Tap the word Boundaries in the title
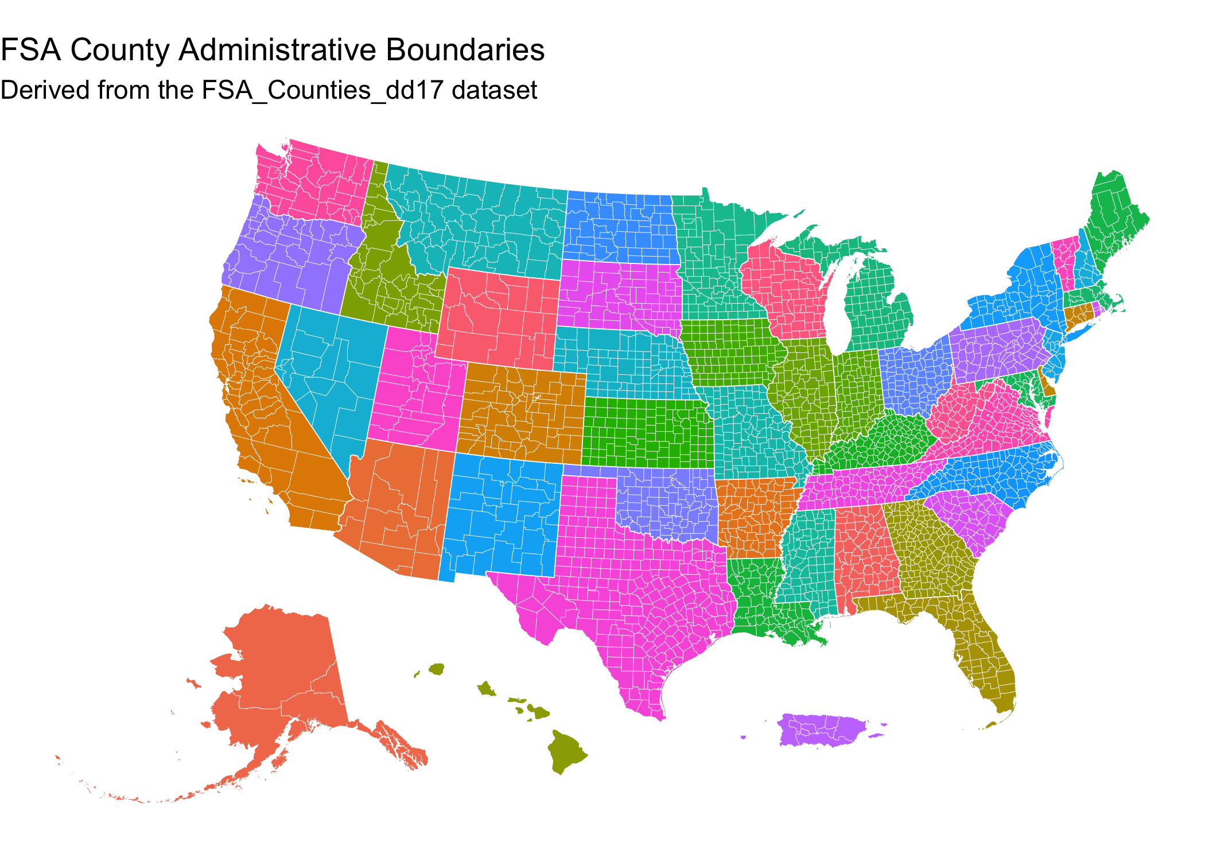465,50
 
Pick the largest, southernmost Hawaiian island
565,751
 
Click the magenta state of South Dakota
620,296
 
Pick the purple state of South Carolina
970,517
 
